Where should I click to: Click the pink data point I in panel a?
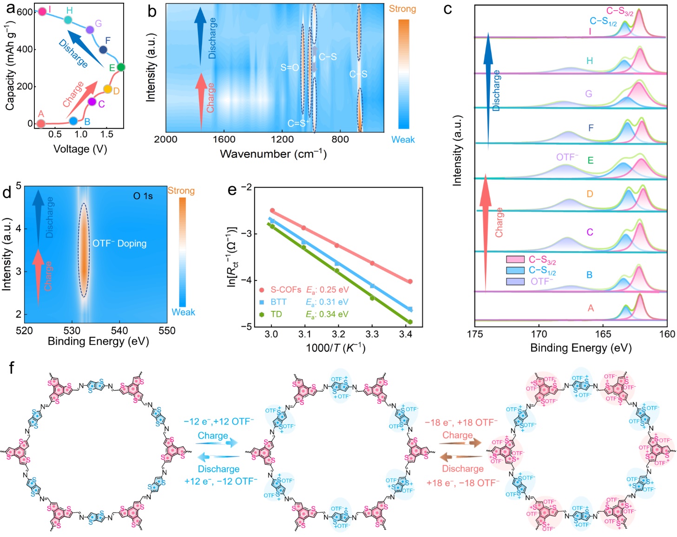[42, 11]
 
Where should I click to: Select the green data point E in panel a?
[121, 67]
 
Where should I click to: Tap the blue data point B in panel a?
[73, 121]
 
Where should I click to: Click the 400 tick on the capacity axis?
[25, 49]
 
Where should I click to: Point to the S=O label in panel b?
[289, 68]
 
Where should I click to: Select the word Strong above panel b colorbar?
[402, 9]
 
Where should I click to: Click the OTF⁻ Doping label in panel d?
[119, 243]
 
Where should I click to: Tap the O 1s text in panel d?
[143, 196]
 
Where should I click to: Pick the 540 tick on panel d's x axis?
[119, 330]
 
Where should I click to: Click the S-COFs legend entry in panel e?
[286, 290]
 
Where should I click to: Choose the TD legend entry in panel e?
[276, 314]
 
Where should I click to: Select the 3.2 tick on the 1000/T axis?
[338, 334]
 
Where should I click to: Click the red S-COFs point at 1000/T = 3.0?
[272, 210]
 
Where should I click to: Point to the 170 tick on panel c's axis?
[539, 334]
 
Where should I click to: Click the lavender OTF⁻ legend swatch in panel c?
[515, 281]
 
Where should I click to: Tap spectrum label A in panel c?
[591, 308]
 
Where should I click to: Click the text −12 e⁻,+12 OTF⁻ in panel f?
[219, 421]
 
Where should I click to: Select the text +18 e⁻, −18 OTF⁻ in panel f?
[463, 483]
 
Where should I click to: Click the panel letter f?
[11, 368]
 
